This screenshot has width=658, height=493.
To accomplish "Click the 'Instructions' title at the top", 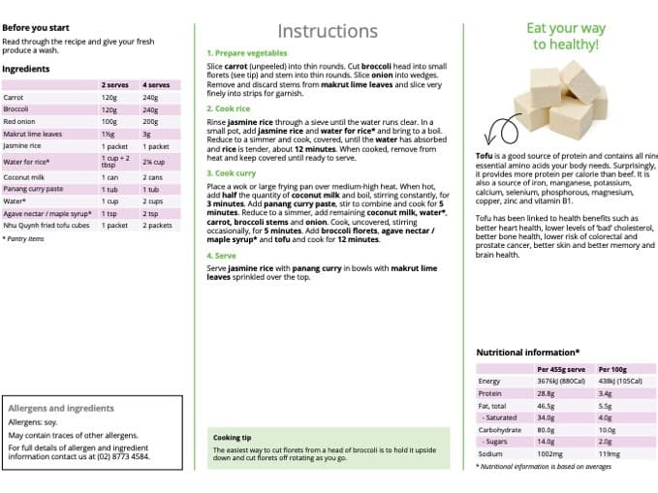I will coord(327,31).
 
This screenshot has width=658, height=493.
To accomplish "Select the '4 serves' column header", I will coord(156,84).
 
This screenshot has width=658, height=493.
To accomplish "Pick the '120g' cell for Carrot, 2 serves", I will coord(109,97).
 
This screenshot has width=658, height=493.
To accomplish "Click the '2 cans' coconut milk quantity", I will coord(153,177).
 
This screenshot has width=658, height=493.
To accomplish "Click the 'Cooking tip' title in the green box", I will coord(233,438).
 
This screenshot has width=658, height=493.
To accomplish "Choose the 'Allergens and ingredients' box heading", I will coord(60,409).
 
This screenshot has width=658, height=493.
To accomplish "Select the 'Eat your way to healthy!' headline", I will coord(565,36).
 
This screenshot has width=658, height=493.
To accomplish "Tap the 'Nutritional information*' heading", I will coord(527,353).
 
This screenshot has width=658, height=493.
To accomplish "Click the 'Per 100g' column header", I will coord(612,369).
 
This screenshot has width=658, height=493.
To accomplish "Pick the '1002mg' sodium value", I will coord(550,453).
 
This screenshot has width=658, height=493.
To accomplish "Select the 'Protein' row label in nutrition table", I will coord(490,393).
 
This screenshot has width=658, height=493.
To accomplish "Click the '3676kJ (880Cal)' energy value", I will coord(561,381).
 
